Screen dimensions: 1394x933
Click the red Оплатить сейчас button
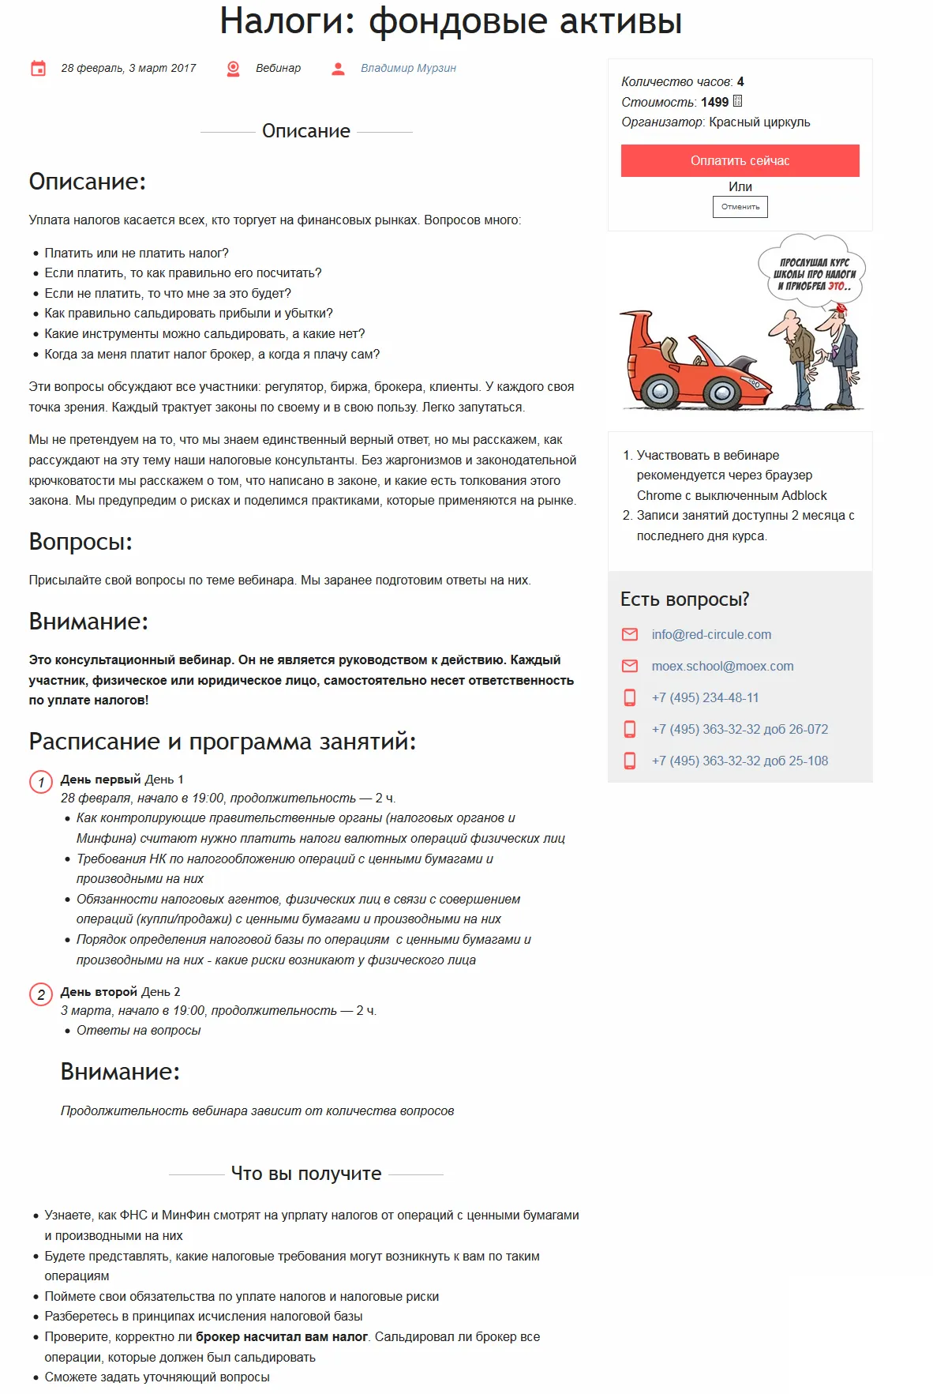pyautogui.click(x=740, y=160)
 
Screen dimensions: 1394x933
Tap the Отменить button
pyautogui.click(x=740, y=207)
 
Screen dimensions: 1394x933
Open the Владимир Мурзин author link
pyautogui.click(x=408, y=68)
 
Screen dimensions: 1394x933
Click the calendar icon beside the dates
pyautogui.click(x=38, y=69)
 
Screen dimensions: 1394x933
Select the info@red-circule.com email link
pyautogui.click(x=711, y=634)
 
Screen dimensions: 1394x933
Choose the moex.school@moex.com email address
pyautogui.click(x=722, y=666)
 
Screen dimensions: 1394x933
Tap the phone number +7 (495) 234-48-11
pyautogui.click(x=705, y=697)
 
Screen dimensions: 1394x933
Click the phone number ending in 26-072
pyautogui.click(x=740, y=729)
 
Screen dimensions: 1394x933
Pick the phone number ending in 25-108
pyautogui.click(x=740, y=761)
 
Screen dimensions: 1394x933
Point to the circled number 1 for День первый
pyautogui.click(x=41, y=782)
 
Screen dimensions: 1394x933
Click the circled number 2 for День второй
pyautogui.click(x=41, y=994)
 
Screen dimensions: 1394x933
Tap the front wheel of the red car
pyautogui.click(x=721, y=391)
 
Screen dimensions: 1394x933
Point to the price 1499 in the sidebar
pyautogui.click(x=714, y=102)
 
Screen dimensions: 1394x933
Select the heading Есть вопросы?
pyautogui.click(x=684, y=599)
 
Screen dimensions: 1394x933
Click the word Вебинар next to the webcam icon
pyautogui.click(x=278, y=68)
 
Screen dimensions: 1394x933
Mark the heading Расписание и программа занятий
pyautogui.click(x=222, y=742)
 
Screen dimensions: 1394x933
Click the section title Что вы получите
pyautogui.click(x=306, y=1174)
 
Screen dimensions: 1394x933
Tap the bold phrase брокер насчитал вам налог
pyautogui.click(x=282, y=1336)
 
